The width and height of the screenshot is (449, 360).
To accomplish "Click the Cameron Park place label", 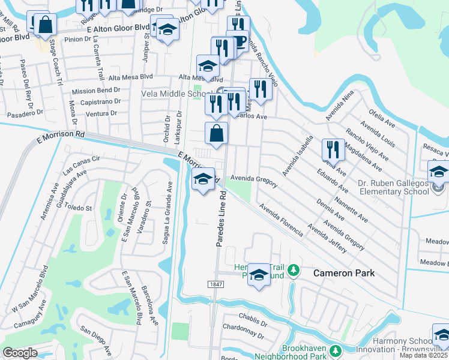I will click(344, 273).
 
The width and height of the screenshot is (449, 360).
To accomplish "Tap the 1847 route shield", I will click(217, 284).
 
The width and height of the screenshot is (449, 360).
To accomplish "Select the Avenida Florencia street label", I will click(281, 220).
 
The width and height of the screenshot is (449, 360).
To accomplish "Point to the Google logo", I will click(20, 353).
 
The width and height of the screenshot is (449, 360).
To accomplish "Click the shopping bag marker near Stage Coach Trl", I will click(46, 26).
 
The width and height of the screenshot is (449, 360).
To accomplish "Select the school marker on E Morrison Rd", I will click(203, 179).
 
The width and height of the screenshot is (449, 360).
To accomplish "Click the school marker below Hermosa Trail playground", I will click(259, 275).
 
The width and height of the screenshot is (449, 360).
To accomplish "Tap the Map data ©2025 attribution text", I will click(424, 355).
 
